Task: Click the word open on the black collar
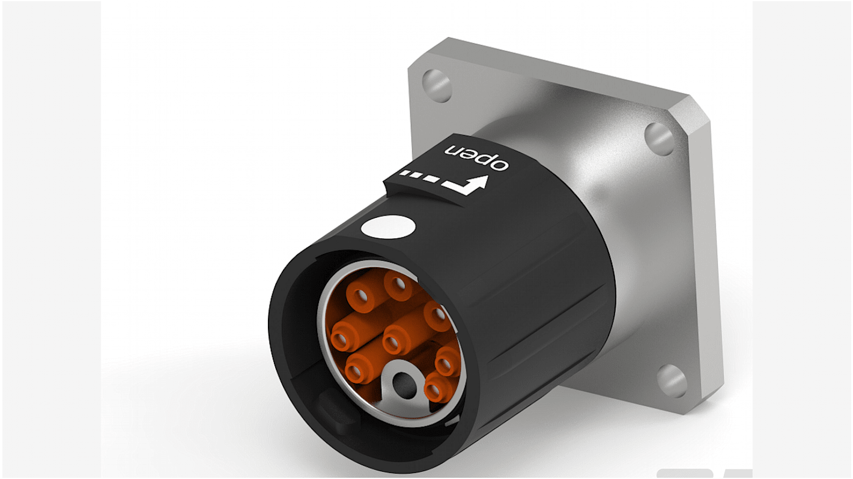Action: (x=477, y=155)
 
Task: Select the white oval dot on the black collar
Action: (x=388, y=227)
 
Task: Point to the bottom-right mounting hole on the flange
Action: (x=672, y=379)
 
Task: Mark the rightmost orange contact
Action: (x=448, y=362)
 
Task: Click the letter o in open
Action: (x=500, y=163)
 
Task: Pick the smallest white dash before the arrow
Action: (x=405, y=174)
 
